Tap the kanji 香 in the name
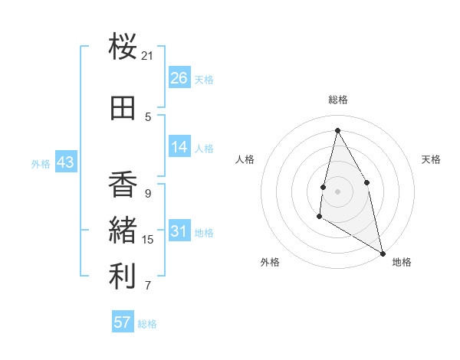(x=123, y=185)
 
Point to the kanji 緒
(x=123, y=231)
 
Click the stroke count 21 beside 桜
(x=148, y=56)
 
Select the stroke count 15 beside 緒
(x=148, y=240)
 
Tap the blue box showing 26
(x=179, y=77)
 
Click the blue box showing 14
(x=179, y=147)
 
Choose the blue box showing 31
(x=179, y=231)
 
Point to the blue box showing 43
(x=65, y=162)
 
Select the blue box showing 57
(x=122, y=322)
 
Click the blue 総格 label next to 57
(x=147, y=324)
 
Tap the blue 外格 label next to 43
(x=41, y=164)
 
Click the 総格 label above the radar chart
(x=337, y=100)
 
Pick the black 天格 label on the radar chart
(x=431, y=159)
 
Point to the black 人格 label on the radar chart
(x=245, y=159)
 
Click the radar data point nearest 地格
(x=383, y=254)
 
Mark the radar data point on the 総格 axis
(x=337, y=129)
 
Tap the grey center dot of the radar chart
(x=337, y=191)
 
